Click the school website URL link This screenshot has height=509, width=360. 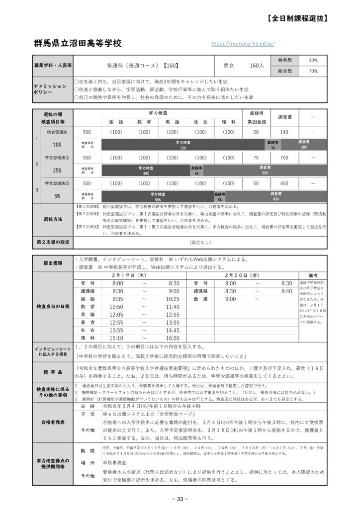(x=243, y=44)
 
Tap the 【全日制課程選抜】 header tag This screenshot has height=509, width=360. (x=297, y=18)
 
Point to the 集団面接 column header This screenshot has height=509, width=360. (x=256, y=122)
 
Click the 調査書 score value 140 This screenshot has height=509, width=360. (x=284, y=132)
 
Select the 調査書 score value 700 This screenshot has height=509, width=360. (x=284, y=158)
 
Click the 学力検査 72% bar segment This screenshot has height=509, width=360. (x=183, y=145)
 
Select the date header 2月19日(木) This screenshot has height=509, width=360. (x=129, y=274)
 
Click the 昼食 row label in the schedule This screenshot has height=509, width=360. (x=88, y=323)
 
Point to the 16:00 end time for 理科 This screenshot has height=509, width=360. (x=173, y=339)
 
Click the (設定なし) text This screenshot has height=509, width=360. (x=199, y=243)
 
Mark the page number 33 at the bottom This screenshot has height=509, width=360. (x=180, y=499)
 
